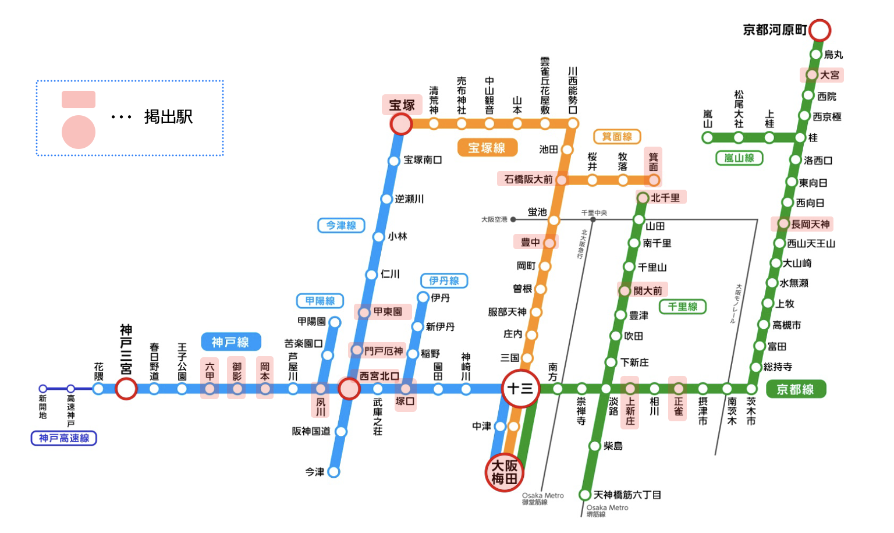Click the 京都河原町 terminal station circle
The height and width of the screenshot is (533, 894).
point(819,30)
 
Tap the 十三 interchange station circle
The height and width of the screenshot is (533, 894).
point(520,388)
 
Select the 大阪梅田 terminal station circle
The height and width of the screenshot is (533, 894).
point(504,472)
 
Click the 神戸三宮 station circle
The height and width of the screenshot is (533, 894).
point(126,388)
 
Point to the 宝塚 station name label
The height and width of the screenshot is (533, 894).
point(402,105)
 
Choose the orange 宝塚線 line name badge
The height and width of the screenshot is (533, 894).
point(487,148)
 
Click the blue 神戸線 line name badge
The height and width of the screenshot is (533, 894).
point(230,342)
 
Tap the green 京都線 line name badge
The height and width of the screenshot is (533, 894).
point(795,389)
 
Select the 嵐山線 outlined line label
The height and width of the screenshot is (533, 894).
point(739,158)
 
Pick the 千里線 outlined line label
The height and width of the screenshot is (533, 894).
point(682,307)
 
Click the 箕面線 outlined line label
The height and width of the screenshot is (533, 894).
point(617,137)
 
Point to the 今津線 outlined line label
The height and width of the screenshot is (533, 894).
point(341,225)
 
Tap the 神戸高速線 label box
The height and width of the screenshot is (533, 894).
point(63,438)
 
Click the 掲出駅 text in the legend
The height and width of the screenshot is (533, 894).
point(168,117)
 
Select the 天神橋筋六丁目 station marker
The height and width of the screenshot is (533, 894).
point(585,495)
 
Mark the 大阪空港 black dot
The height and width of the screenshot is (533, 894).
point(513,219)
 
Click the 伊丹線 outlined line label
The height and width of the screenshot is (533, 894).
point(444,280)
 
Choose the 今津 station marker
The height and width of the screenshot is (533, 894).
point(334,471)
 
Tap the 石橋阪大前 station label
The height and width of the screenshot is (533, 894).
point(528,179)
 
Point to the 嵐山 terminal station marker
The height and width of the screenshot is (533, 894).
point(707,138)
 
